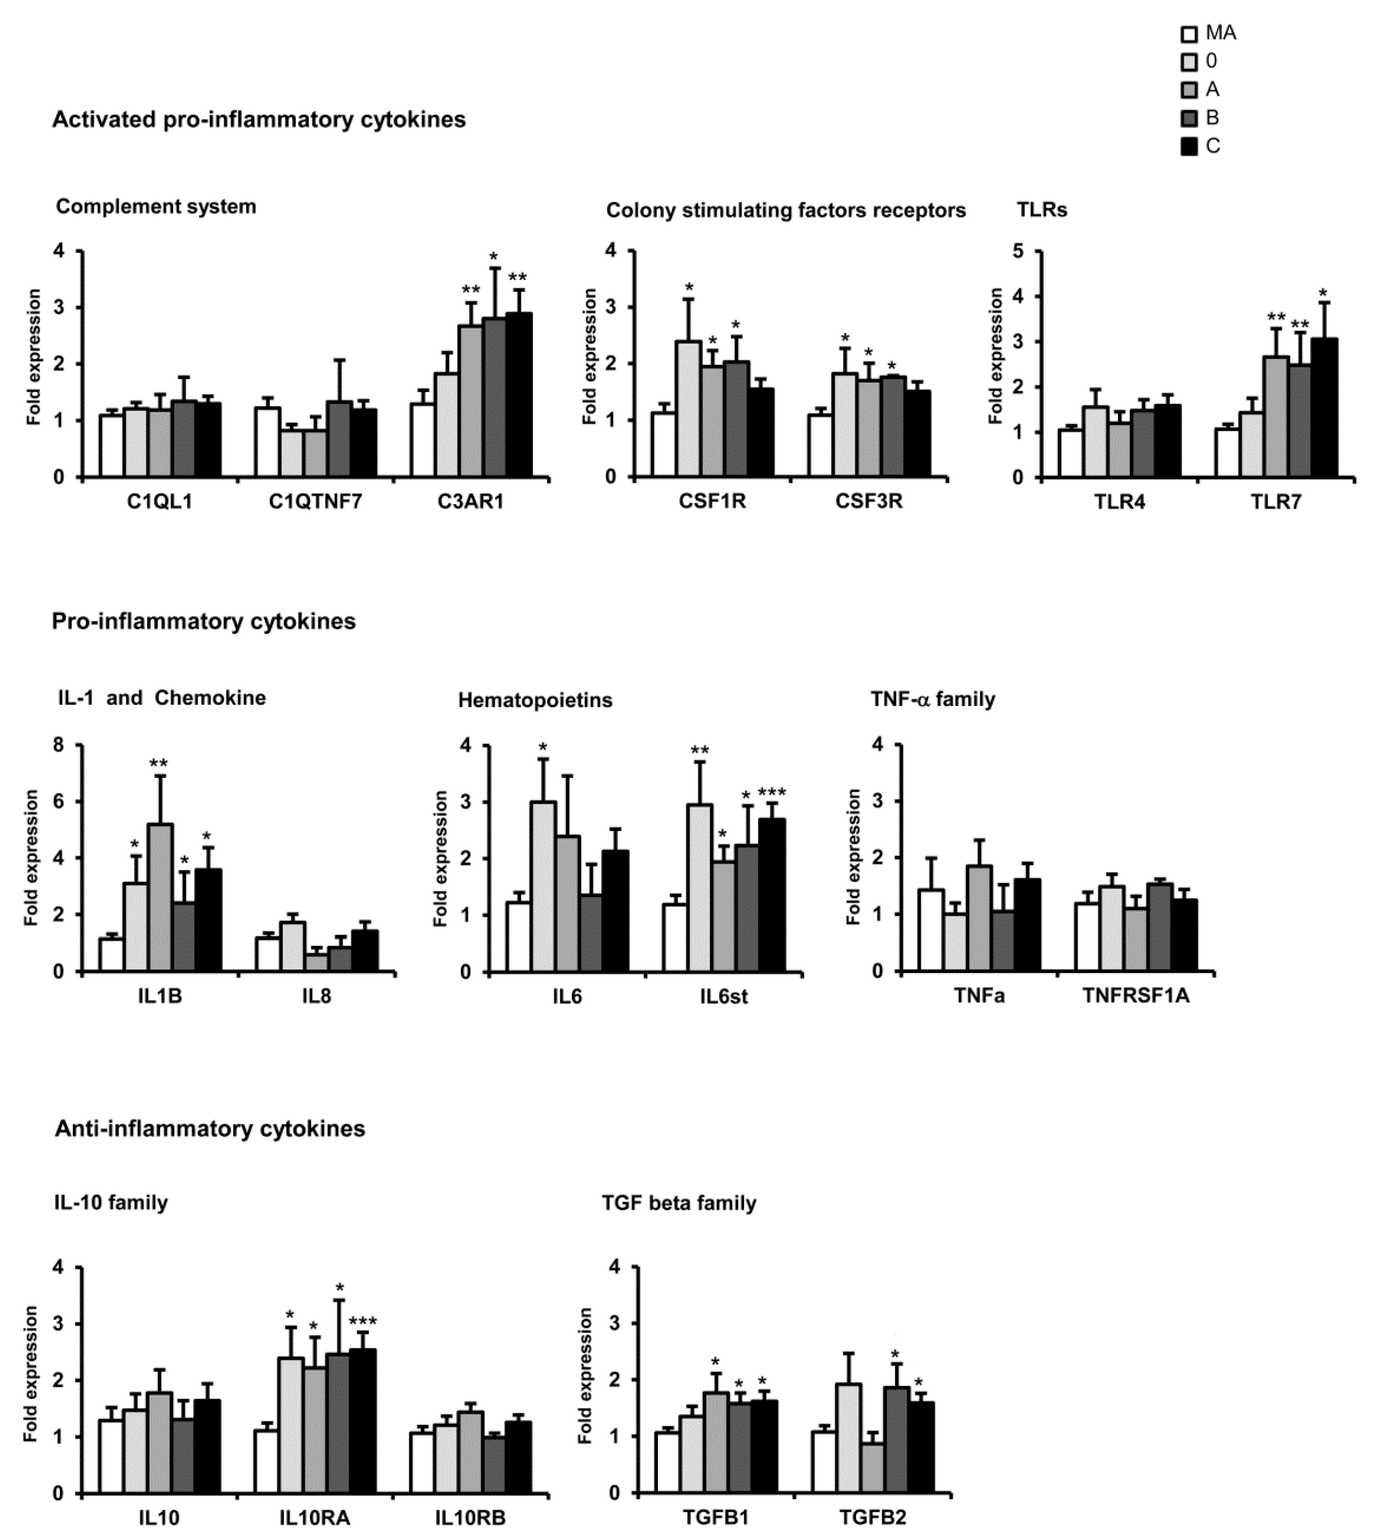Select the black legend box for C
tap(1189, 146)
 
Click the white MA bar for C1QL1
tap(112, 446)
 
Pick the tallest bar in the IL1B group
tap(160, 897)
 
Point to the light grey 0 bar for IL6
tap(543, 886)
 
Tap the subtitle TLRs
tap(1042, 210)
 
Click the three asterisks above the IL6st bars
tap(772, 792)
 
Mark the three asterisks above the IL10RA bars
tap(363, 1321)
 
